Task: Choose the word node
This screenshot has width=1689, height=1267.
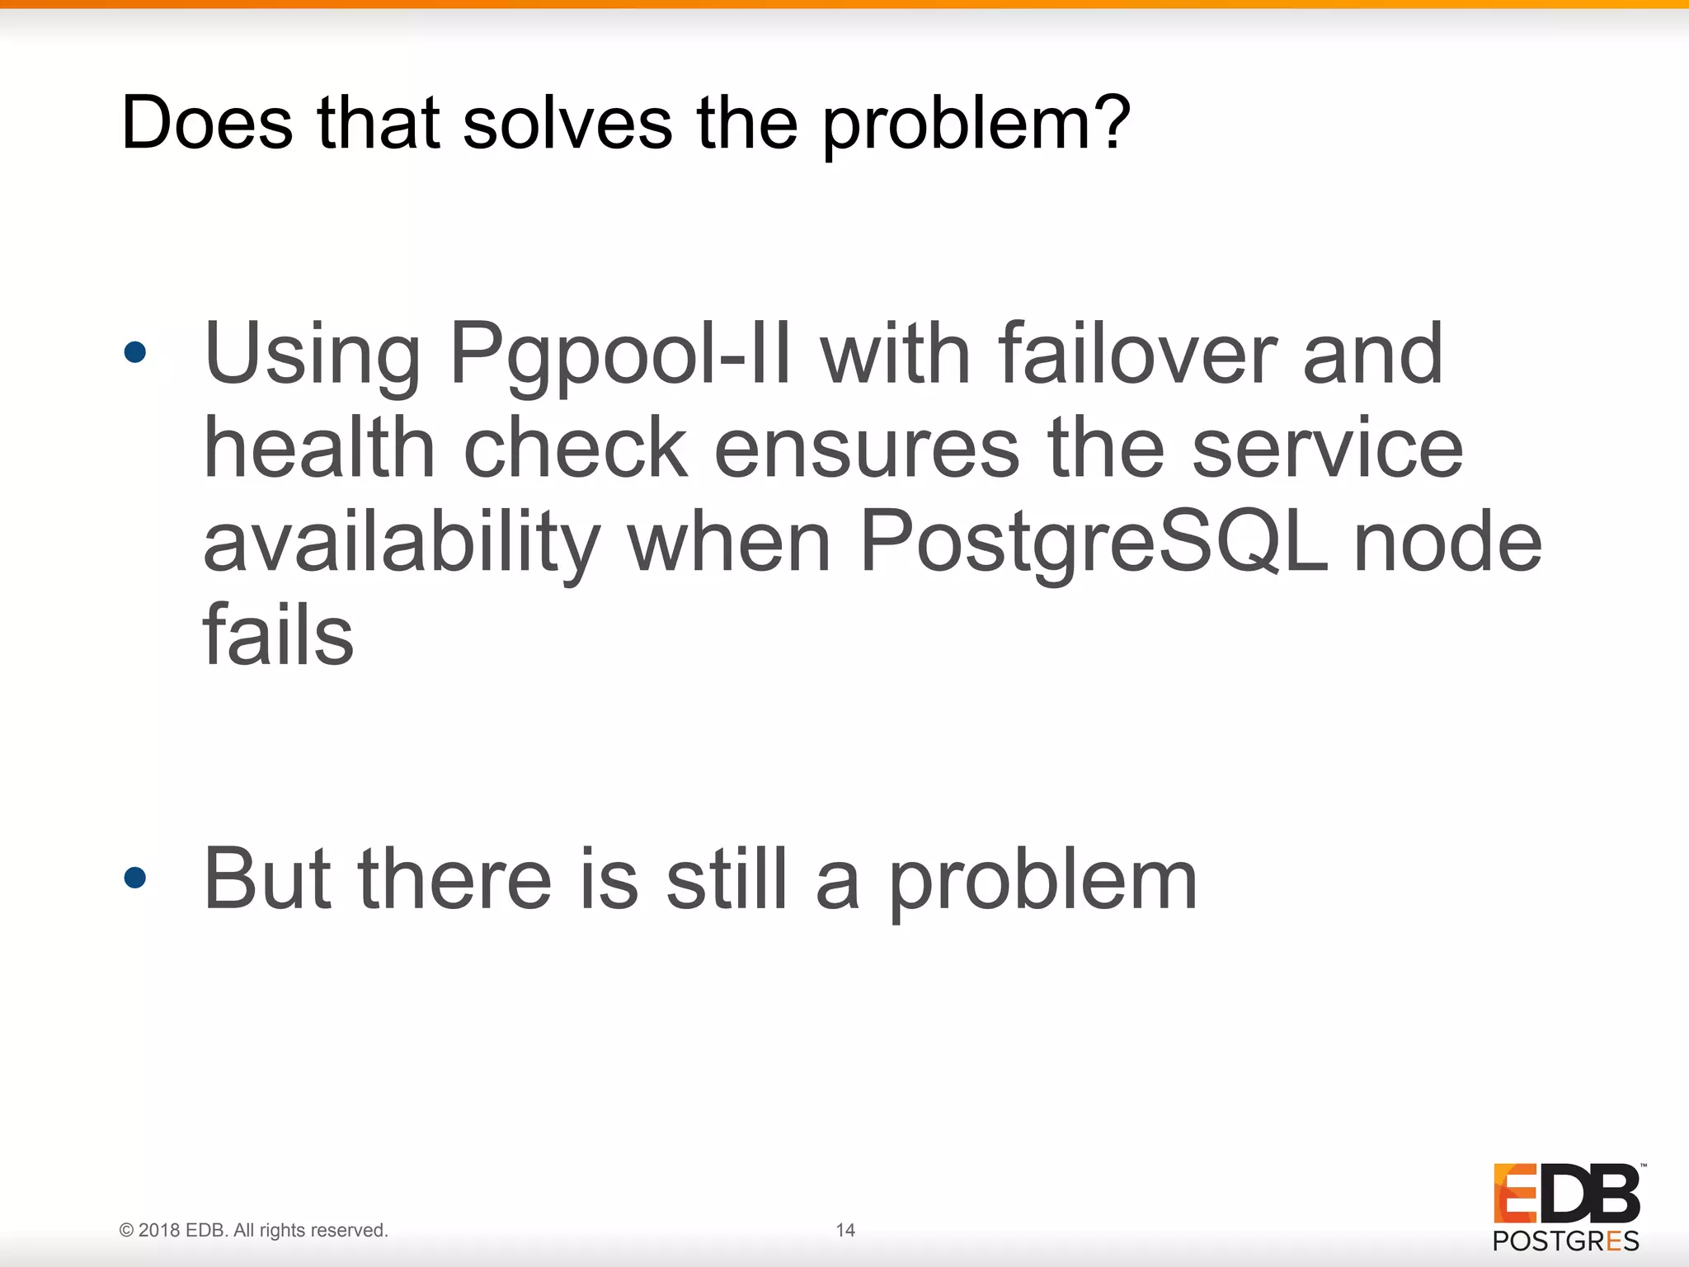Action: pyautogui.click(x=1447, y=543)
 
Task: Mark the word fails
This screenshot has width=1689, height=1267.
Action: pyautogui.click(x=278, y=634)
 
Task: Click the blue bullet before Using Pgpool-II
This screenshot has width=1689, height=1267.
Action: pyautogui.click(x=134, y=353)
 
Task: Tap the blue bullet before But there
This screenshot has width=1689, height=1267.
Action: pyautogui.click(x=134, y=878)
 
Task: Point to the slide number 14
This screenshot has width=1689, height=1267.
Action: pyautogui.click(x=845, y=1230)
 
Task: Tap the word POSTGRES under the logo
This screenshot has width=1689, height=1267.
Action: pyautogui.click(x=1565, y=1241)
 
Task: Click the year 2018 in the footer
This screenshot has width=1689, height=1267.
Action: pyautogui.click(x=158, y=1230)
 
